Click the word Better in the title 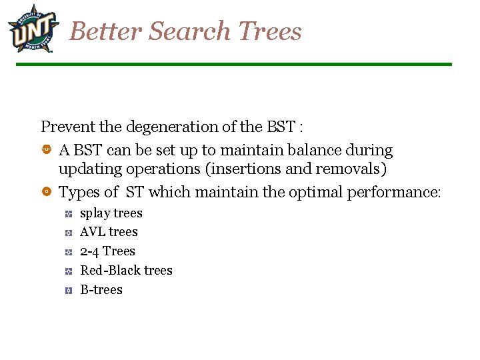[x=106, y=31]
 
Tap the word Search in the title [x=190, y=31]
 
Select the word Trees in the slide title [x=269, y=31]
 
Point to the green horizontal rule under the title [x=233, y=65]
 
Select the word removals [x=348, y=169]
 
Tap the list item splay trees [x=111, y=213]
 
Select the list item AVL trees [x=109, y=232]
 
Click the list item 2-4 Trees [x=107, y=251]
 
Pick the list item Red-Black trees [x=126, y=271]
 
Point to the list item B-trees [x=101, y=290]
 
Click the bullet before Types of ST [x=46, y=192]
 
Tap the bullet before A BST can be [x=46, y=150]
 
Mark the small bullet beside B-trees [x=69, y=291]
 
